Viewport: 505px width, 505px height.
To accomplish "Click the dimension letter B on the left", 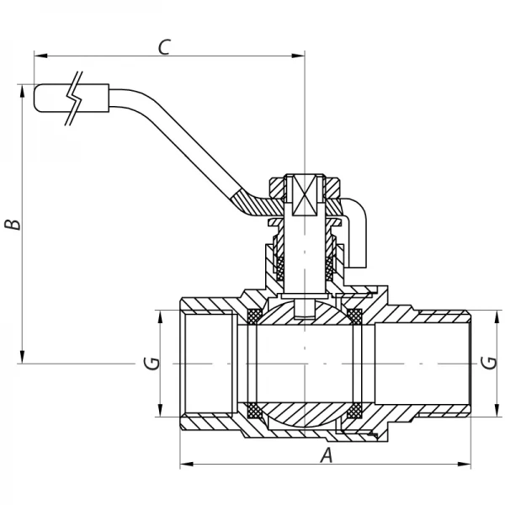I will (11, 225).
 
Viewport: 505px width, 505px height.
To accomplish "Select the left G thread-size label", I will (151, 364).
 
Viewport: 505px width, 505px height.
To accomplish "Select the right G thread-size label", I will (488, 364).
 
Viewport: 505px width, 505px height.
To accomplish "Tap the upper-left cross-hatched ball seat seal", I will (253, 316).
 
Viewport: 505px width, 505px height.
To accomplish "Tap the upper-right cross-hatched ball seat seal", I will (354, 316).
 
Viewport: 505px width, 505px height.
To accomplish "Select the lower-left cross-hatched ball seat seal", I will (253, 412).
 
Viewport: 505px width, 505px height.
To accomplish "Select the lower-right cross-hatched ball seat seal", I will (354, 412).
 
